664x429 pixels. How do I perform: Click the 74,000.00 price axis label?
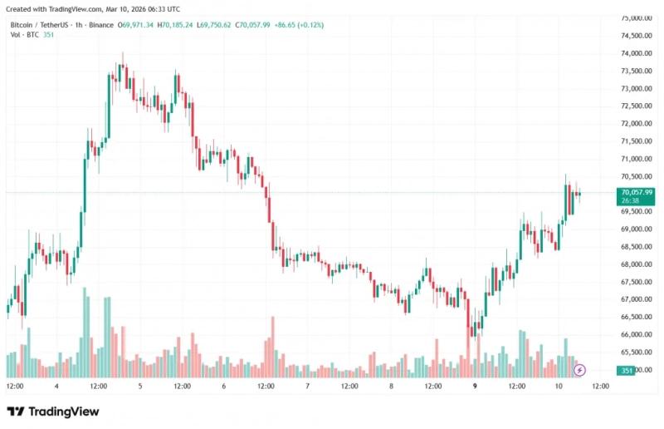tap(636, 53)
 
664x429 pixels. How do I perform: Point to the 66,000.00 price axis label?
tap(636, 334)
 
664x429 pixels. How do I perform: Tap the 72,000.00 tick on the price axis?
tap(636, 124)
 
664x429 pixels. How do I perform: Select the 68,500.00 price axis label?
tap(636, 247)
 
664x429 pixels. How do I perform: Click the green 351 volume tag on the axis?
tap(627, 371)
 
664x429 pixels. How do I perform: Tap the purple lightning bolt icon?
tap(579, 370)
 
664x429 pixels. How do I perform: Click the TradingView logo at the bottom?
tap(53, 412)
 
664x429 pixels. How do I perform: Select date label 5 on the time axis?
tap(140, 386)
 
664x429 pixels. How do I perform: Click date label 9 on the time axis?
tap(475, 386)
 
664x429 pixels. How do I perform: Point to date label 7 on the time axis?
tap(307, 386)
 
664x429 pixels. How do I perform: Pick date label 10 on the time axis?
tap(559, 386)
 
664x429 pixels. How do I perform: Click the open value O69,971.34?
tap(135, 25)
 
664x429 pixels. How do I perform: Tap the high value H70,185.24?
tap(175, 25)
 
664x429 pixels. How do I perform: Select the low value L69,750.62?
tap(214, 25)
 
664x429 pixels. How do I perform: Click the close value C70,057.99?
tap(252, 25)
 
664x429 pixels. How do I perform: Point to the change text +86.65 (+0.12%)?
tap(299, 25)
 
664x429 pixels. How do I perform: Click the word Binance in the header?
tap(101, 25)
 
